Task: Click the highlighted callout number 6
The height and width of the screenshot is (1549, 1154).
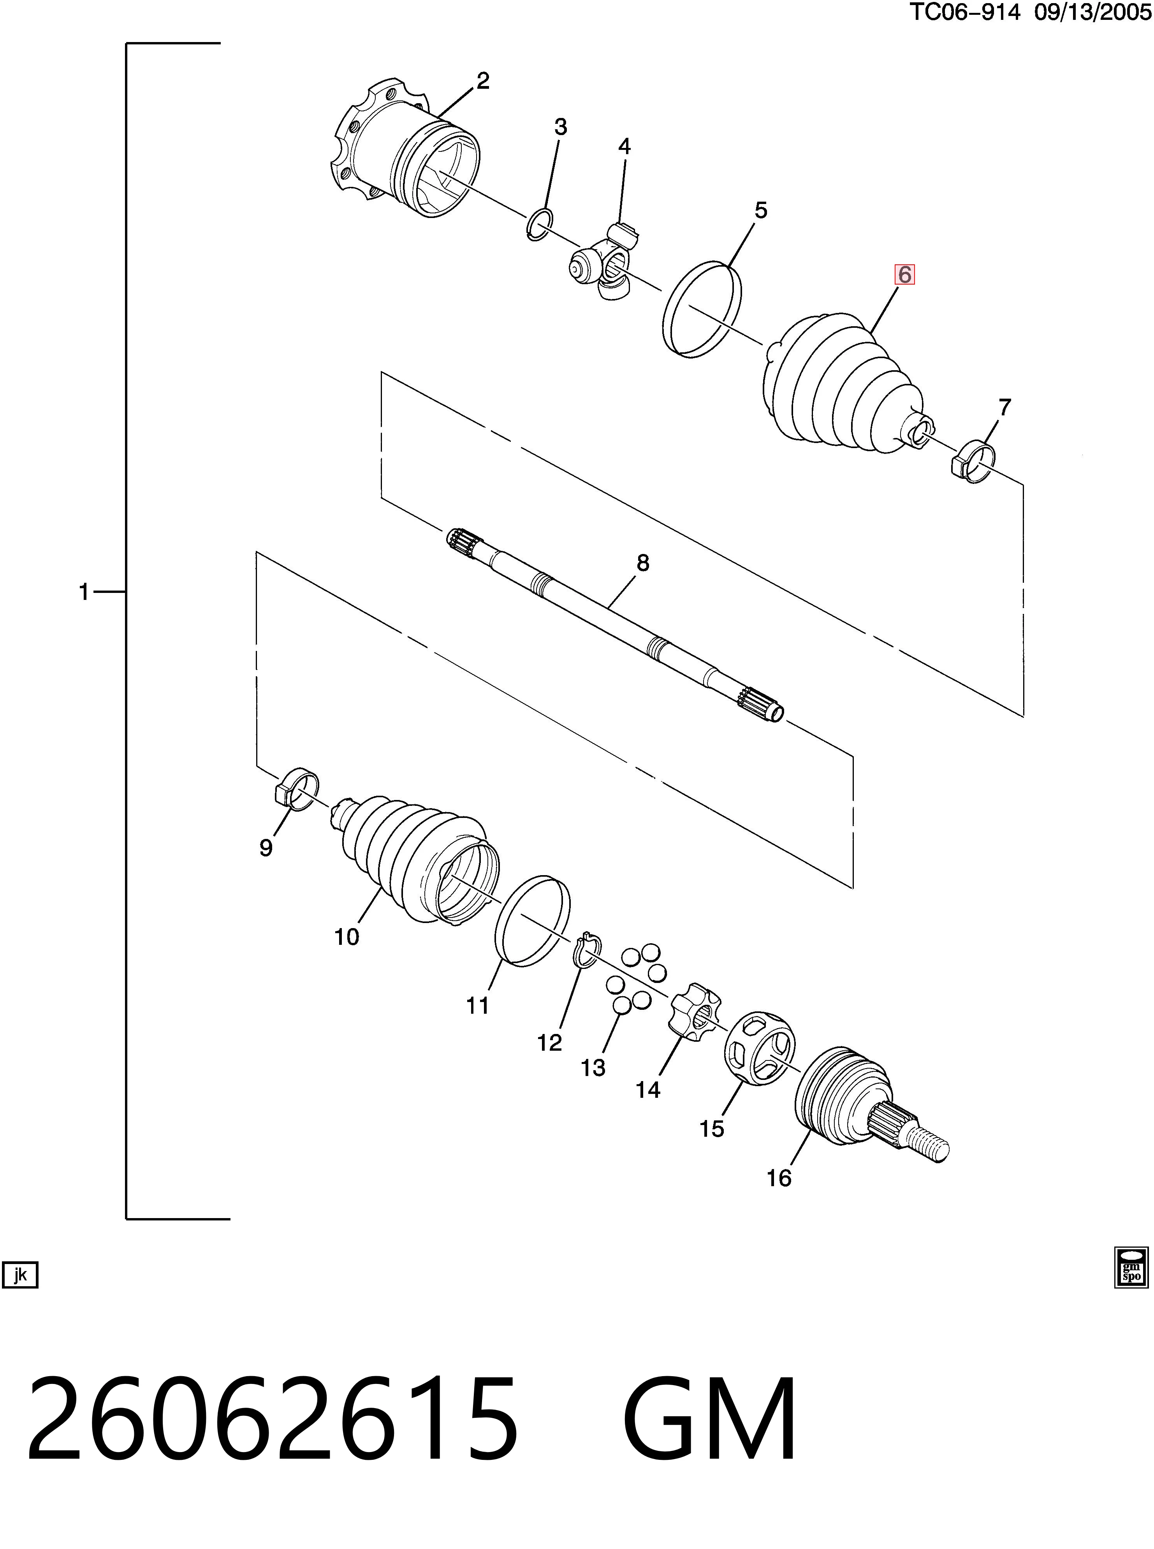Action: point(904,275)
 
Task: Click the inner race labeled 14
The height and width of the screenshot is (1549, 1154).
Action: point(693,1015)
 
